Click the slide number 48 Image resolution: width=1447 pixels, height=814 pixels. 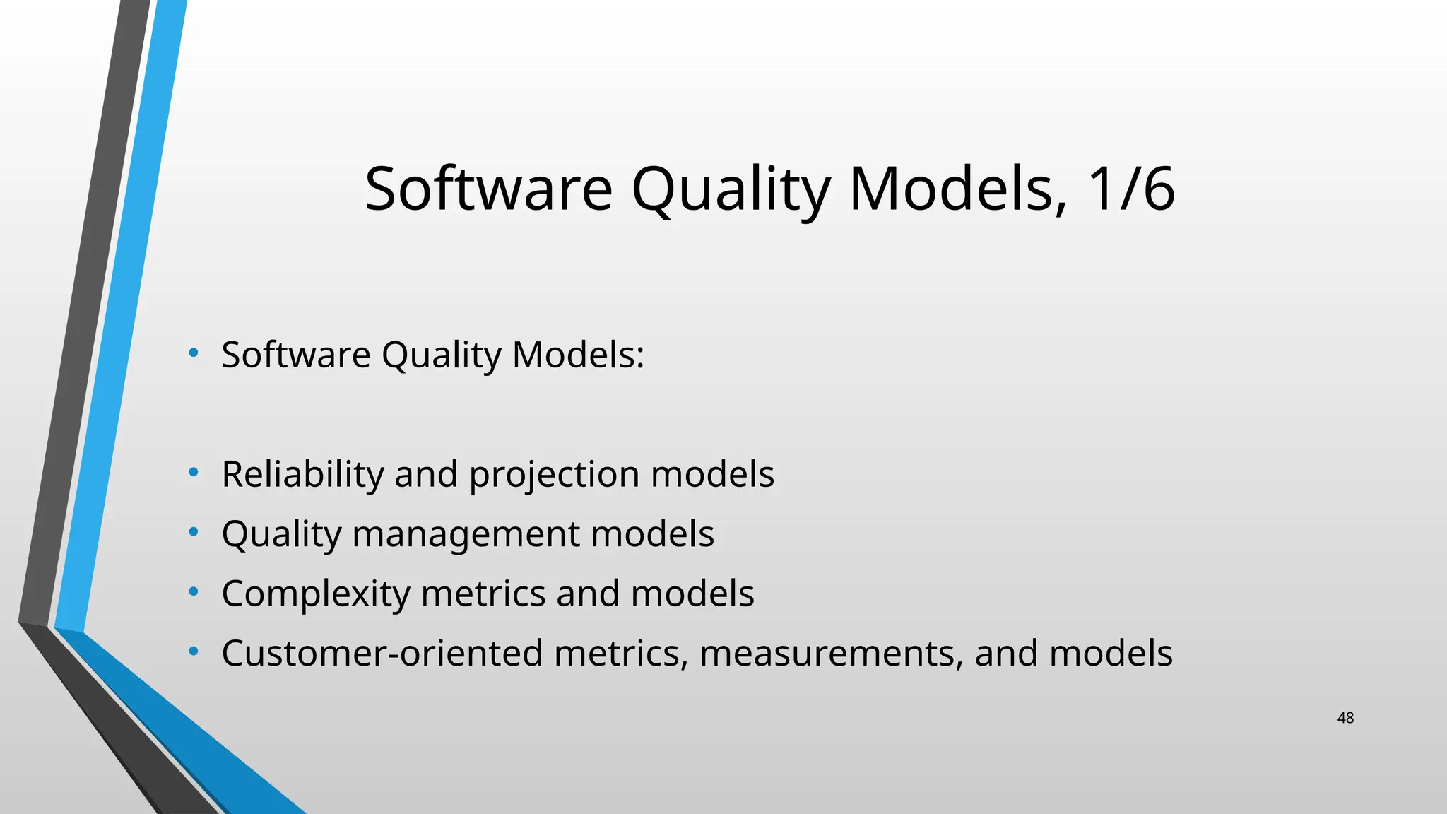[x=1345, y=718]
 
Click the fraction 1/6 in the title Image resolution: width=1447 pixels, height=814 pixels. [x=1130, y=189]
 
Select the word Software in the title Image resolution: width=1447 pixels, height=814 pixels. [x=488, y=189]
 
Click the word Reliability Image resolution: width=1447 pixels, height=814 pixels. [x=302, y=474]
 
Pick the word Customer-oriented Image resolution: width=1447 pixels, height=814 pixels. [x=382, y=653]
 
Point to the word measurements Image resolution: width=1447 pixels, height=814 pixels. [x=831, y=654]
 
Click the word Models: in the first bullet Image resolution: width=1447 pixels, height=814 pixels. [x=578, y=355]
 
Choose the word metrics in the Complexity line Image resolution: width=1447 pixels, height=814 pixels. [x=483, y=594]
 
